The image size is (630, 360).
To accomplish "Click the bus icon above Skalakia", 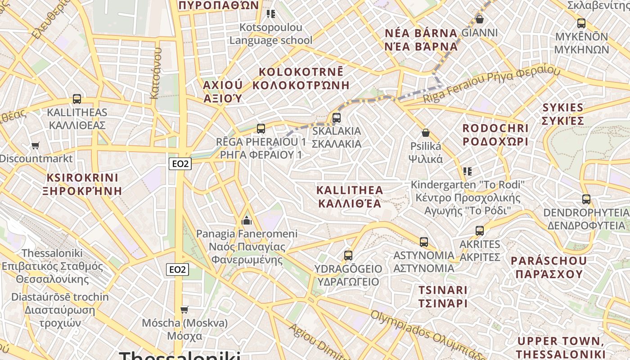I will coord(336,118).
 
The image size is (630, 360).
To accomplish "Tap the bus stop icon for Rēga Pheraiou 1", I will coord(261,129).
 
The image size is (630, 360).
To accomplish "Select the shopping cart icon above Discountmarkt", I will coord(36,145).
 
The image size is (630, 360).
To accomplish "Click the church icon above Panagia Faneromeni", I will coord(247,220).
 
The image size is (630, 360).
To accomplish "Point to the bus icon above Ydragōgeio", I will coord(348,256).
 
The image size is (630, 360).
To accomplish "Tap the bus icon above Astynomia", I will coord(423,242).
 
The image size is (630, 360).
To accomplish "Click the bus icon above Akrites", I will coord(480,231).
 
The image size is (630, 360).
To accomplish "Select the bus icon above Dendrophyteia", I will coord(586,199).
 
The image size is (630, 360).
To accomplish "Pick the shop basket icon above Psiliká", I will coord(425,133).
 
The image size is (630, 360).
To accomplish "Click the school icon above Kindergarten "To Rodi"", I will coord(468,171).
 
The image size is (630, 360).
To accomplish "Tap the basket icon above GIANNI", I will coord(480,19).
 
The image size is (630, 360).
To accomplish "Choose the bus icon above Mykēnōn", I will coord(581,23).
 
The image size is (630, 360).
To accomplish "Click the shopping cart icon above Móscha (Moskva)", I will coord(184,310).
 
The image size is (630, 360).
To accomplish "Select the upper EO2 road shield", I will coord(180,164).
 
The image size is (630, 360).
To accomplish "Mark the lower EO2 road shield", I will coord(178,270).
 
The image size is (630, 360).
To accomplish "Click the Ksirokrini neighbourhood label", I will coord(82,184).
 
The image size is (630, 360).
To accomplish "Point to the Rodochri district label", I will coord(495,135).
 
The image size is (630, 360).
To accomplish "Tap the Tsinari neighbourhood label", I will coord(443,296).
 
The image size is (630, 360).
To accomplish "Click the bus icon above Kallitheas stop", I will coord(77,99).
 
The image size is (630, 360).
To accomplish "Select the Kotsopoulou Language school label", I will coord(270,34).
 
